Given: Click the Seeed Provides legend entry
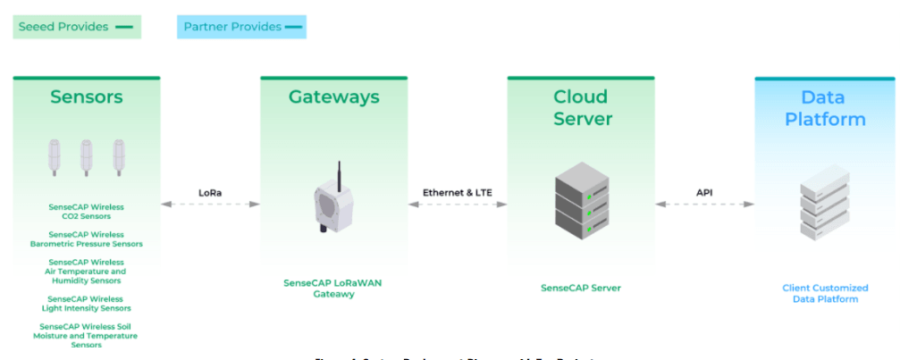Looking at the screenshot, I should coord(75,27).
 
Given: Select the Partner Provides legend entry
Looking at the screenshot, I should coord(241,27).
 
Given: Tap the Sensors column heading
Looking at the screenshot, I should coord(87,96).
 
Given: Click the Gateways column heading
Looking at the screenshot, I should coord(333,96).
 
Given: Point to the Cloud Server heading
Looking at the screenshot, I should coord(580,107).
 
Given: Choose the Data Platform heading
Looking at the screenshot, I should coord(825,108).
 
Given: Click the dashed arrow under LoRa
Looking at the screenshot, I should coord(210,205).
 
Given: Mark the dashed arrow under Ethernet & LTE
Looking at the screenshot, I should coord(457,205).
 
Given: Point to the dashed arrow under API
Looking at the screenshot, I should coord(704,205).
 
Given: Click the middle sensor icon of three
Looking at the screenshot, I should coord(87,159).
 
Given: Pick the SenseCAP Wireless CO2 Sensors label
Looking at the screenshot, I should coord(87,211).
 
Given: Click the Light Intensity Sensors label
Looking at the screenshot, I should coord(87,304).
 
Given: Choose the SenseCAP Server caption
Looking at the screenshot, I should coord(581,288).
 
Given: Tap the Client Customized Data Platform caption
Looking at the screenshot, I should coord(825,293).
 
